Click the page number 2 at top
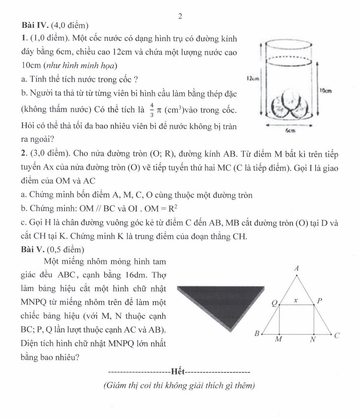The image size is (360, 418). point(180,16)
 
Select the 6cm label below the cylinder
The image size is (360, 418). point(291,130)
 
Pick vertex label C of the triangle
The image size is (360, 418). point(336,336)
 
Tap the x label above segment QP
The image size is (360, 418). point(295,301)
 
